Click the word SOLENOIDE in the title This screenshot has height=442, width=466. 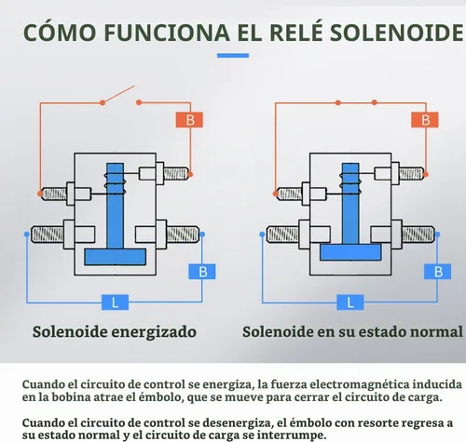(x=397, y=33)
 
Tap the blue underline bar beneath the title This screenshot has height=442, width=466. (x=233, y=56)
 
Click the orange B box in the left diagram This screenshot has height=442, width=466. (x=189, y=120)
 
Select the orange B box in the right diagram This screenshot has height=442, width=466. (x=425, y=120)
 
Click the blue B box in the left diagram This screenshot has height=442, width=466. (x=202, y=272)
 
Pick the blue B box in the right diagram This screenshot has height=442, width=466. (x=437, y=272)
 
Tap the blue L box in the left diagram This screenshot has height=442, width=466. (x=115, y=302)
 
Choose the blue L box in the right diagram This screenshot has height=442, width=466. (x=350, y=302)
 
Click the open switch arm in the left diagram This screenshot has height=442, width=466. (x=118, y=94)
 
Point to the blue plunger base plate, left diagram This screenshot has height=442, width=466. (x=116, y=257)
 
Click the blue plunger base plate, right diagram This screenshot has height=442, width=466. (x=350, y=252)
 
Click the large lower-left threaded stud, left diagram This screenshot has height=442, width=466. (x=48, y=234)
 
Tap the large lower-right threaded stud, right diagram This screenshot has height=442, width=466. (x=418, y=234)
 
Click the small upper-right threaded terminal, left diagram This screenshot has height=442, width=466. (x=176, y=174)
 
